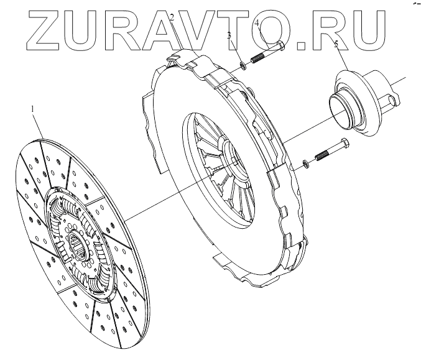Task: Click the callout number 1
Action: coord(34,109)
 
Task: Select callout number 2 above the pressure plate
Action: coord(172,17)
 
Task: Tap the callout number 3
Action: coord(229,36)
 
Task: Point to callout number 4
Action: coord(257,24)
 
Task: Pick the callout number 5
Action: coord(336,45)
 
